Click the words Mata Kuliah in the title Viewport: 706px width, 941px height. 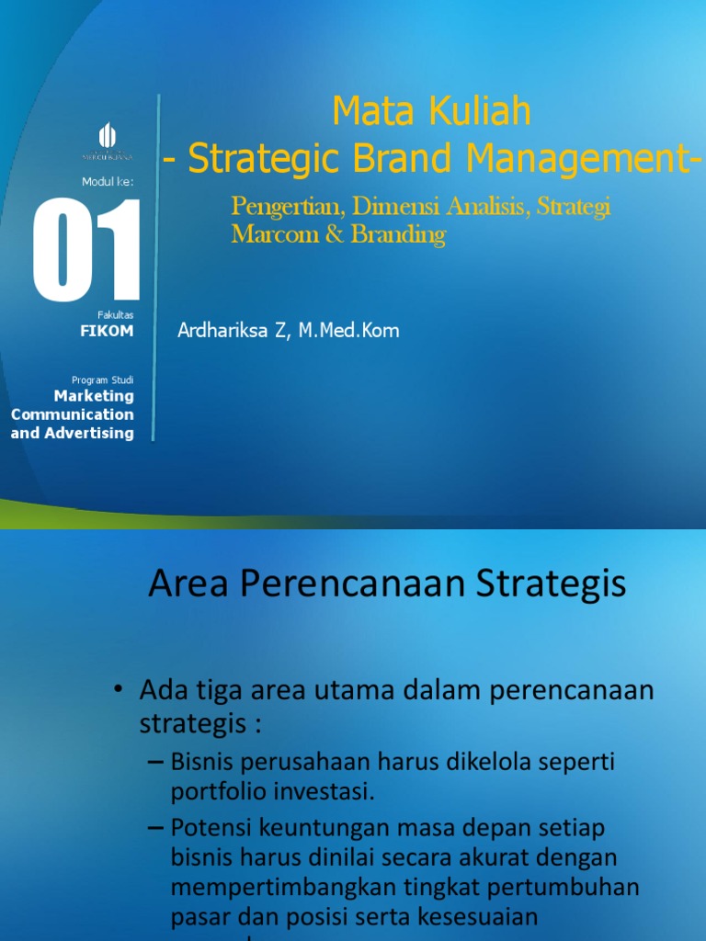point(431,112)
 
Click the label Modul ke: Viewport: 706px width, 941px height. point(108,181)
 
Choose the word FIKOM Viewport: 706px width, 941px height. point(107,332)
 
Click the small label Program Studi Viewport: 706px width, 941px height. point(102,380)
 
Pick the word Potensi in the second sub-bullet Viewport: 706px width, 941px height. point(204,829)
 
